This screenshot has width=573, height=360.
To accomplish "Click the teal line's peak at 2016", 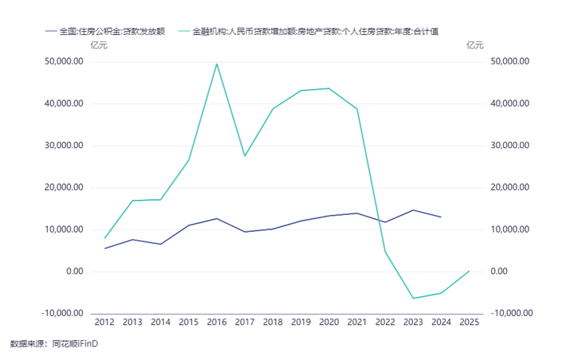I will pos(216,64).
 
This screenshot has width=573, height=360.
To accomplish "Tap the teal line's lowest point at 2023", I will pos(412,298).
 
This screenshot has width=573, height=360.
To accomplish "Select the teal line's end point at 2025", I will pos(469,271).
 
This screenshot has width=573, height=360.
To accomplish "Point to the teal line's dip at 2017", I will pos(244,155).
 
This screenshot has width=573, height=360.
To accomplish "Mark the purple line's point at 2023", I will pos(412,210).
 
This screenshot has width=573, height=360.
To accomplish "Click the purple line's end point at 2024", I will pos(440,217).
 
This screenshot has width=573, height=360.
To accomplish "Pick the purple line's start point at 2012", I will pos(104,248).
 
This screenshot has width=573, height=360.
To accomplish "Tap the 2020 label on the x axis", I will pos(329,323).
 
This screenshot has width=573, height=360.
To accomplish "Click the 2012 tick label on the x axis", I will pos(104,323).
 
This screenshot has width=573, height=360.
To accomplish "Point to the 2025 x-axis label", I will pos(469,323).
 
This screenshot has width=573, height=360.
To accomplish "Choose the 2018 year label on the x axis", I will pos(272,323).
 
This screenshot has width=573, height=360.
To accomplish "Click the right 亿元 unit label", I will pos(474,45).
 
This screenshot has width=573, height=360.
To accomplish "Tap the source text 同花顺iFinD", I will pos(75,344).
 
